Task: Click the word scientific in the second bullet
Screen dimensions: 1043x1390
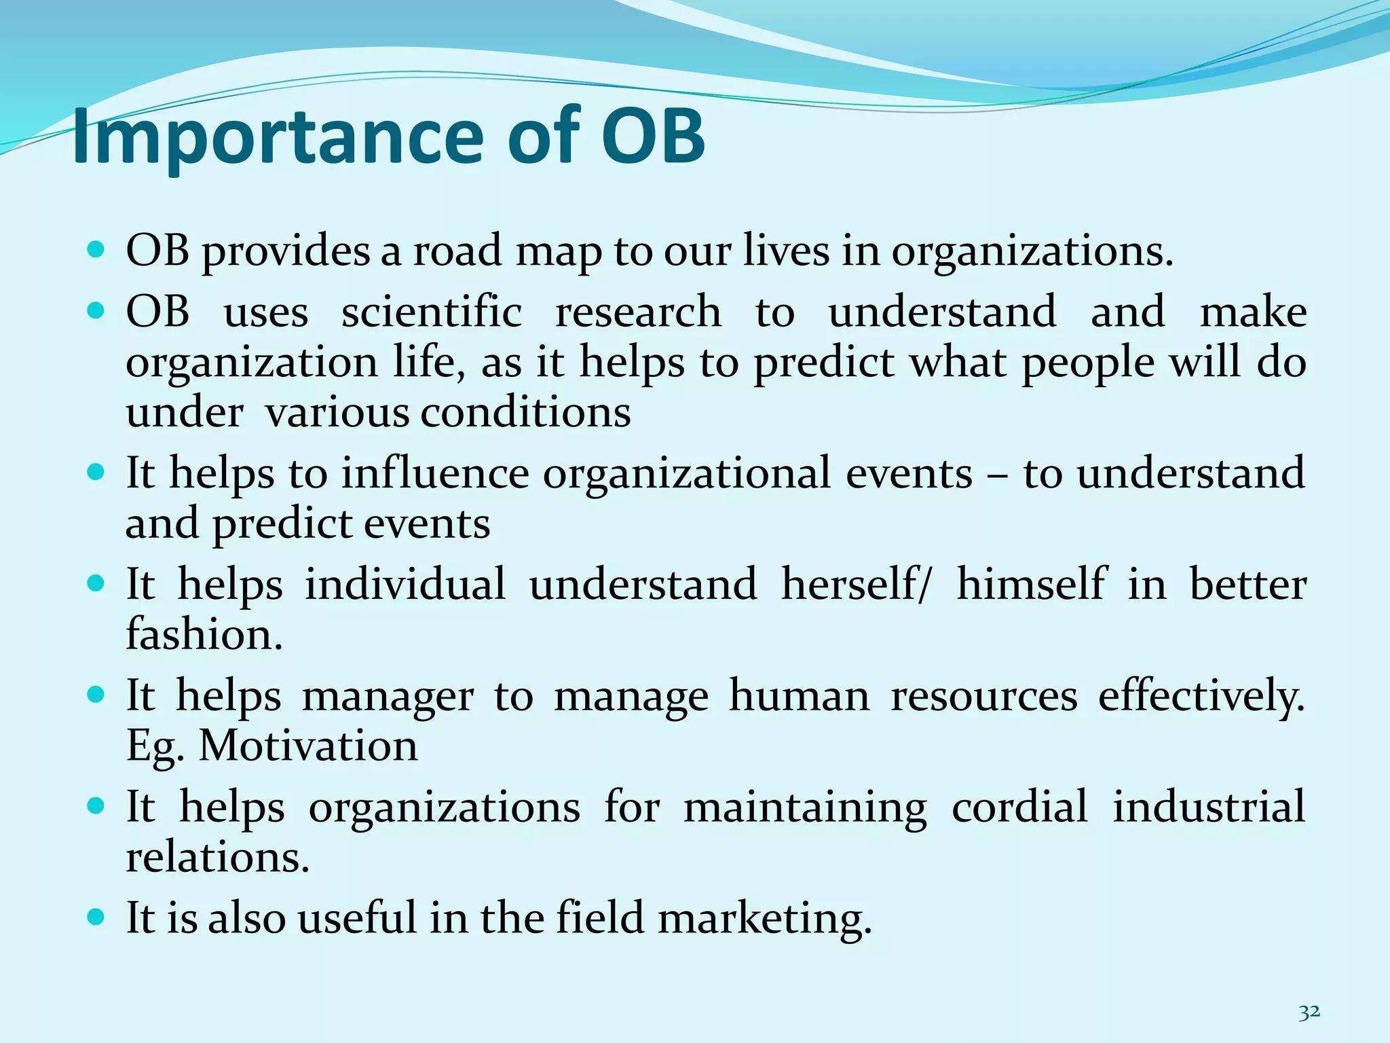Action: click(x=432, y=312)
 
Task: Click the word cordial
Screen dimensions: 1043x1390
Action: click(x=1019, y=807)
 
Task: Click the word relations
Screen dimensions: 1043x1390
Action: click(x=217, y=857)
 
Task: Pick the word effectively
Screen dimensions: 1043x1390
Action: click(x=1201, y=697)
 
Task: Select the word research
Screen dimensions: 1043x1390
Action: click(x=639, y=312)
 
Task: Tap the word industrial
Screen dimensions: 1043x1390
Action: click(x=1208, y=807)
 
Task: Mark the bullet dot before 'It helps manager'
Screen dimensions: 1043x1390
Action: click(x=97, y=695)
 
